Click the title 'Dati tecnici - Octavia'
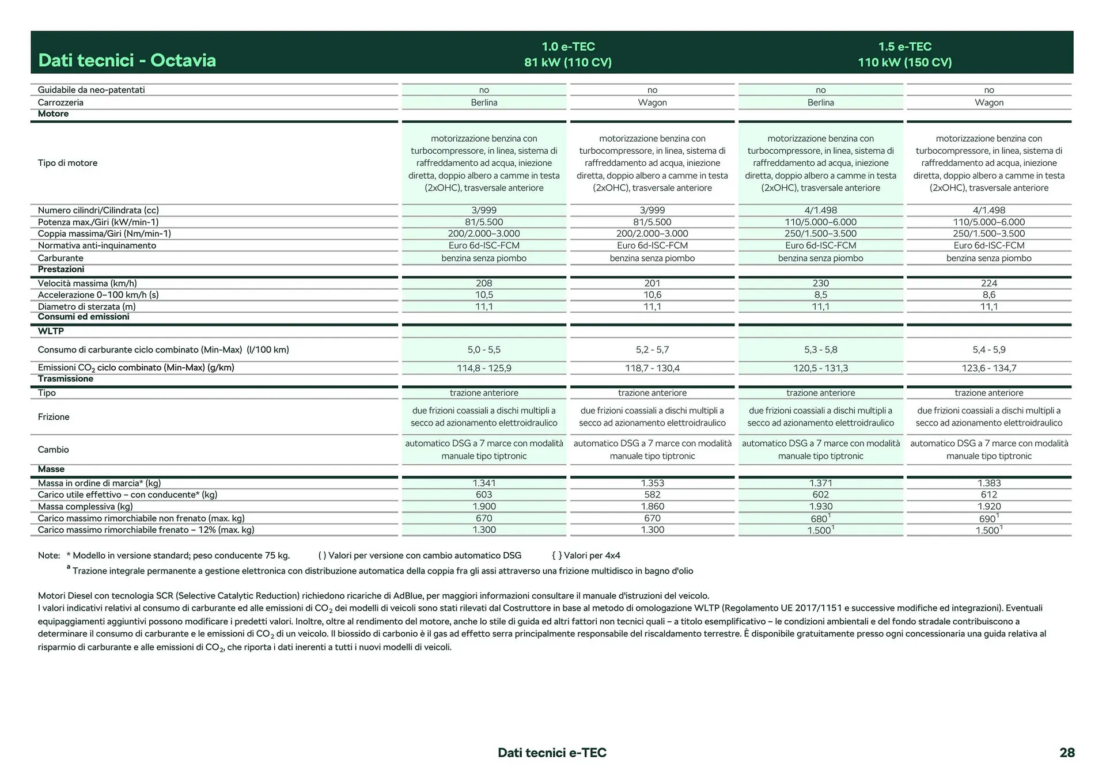pyautogui.click(x=127, y=60)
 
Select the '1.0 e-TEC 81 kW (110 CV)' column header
pyautogui.click(x=567, y=54)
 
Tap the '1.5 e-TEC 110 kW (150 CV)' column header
pyautogui.click(x=904, y=54)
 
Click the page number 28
pyautogui.click(x=1067, y=753)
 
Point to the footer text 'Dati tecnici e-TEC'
pyautogui.click(x=552, y=753)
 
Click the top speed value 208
pyautogui.click(x=484, y=283)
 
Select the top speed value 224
pyautogui.click(x=988, y=283)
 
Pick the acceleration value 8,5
pyautogui.click(x=820, y=295)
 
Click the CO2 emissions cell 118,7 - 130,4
pyautogui.click(x=652, y=368)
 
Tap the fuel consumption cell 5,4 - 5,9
pyautogui.click(x=988, y=350)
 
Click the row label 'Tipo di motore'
pyautogui.click(x=67, y=163)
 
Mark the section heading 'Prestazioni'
pyautogui.click(x=61, y=269)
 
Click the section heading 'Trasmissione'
pyautogui.click(x=65, y=379)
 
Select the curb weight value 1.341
pyautogui.click(x=484, y=483)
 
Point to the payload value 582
pyautogui.click(x=652, y=495)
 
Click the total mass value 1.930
pyautogui.click(x=820, y=507)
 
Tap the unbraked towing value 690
pyautogui.click(x=987, y=519)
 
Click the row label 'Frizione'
pyautogui.click(x=54, y=417)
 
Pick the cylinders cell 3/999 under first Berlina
pyautogui.click(x=484, y=210)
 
